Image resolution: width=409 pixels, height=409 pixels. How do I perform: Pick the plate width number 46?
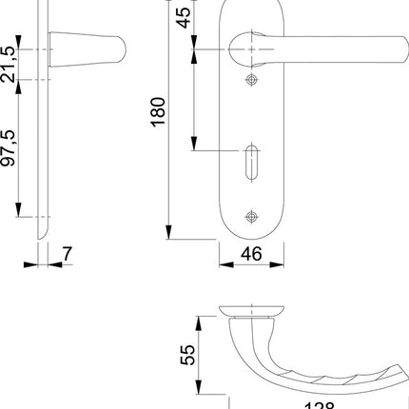(251, 253)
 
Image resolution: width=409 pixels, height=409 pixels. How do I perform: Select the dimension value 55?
(188, 355)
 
